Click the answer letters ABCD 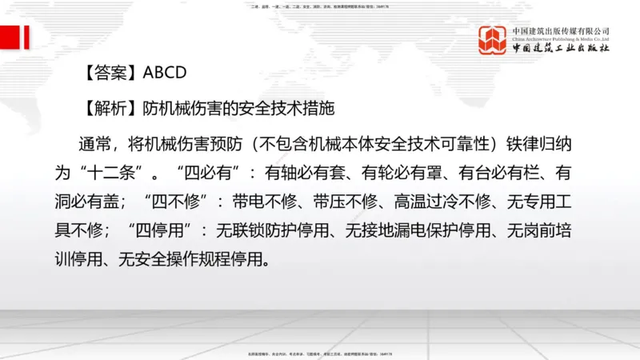pyautogui.click(x=165, y=72)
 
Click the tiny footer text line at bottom pyautogui.click(x=319, y=352)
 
